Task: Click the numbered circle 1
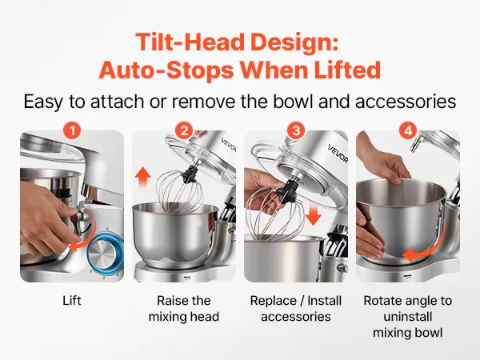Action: click(72, 131)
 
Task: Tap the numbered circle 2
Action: click(184, 131)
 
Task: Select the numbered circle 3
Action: click(296, 131)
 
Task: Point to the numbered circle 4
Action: click(408, 131)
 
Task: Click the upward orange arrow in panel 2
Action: click(142, 177)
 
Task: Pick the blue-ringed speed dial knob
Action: click(105, 252)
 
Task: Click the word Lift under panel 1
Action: click(72, 301)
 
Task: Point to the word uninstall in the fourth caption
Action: click(408, 317)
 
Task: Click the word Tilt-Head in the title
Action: click(190, 42)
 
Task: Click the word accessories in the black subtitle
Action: click(406, 102)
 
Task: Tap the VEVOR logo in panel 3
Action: click(338, 154)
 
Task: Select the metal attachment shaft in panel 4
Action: click(416, 144)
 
